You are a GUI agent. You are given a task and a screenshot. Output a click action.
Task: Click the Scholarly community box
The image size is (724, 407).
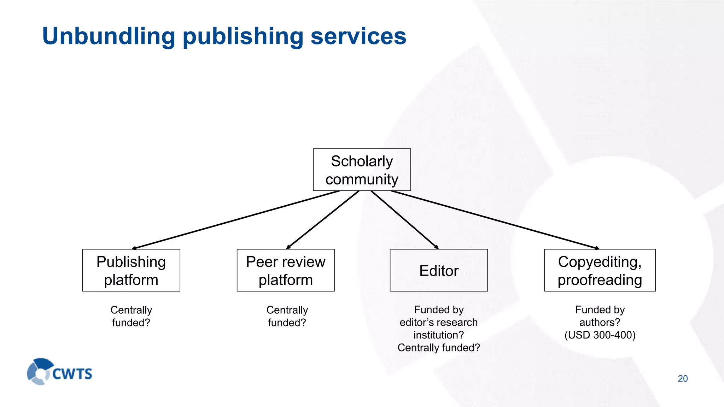(362, 170)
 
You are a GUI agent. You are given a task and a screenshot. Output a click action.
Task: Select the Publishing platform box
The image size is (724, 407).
(131, 270)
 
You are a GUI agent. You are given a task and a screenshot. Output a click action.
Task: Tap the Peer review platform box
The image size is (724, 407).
(286, 270)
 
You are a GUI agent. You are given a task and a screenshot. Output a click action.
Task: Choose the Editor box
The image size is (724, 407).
(439, 270)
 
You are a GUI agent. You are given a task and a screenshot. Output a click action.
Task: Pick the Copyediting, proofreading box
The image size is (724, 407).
(600, 270)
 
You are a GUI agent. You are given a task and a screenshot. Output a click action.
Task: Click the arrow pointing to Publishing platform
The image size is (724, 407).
(236, 220)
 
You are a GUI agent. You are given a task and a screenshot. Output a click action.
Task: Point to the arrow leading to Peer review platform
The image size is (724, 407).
(323, 220)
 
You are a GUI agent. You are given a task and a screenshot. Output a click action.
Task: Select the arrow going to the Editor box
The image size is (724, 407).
(405, 220)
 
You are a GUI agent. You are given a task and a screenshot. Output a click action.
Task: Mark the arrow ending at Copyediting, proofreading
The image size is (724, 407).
(495, 220)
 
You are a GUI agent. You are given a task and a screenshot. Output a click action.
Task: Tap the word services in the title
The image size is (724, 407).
(358, 36)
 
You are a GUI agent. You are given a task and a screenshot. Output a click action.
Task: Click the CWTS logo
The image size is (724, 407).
(59, 372)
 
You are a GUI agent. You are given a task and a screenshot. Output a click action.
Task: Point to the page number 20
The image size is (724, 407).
(683, 378)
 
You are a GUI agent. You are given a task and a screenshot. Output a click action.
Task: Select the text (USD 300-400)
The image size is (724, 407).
(600, 335)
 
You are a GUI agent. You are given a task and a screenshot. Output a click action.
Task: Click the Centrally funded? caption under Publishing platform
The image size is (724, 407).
(131, 316)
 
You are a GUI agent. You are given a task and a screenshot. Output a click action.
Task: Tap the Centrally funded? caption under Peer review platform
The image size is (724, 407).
(287, 316)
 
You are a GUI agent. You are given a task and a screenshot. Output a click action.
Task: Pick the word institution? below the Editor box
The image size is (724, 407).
(439, 335)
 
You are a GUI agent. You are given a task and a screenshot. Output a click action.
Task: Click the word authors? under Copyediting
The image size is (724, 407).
(600, 322)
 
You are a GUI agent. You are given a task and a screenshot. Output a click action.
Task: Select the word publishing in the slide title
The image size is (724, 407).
(243, 36)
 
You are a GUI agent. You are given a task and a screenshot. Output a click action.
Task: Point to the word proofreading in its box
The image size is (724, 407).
(600, 280)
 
